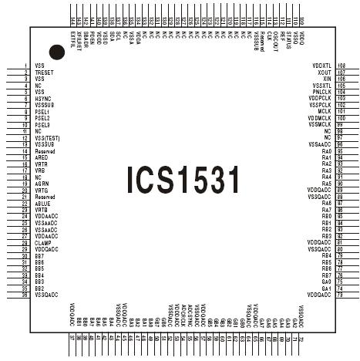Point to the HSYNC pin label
43,99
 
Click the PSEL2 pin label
42,118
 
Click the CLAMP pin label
43,243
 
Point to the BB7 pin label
39,256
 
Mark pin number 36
26,295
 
